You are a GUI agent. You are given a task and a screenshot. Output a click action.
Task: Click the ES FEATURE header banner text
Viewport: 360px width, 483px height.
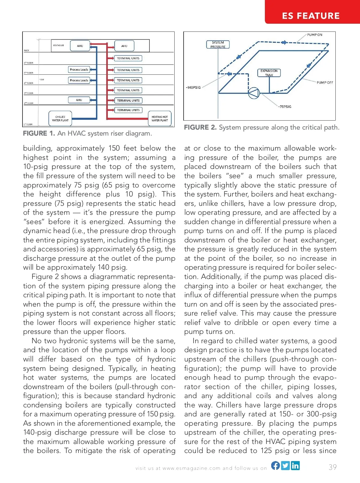310,16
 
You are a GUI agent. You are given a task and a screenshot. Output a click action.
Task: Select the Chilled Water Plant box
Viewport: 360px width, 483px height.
60,118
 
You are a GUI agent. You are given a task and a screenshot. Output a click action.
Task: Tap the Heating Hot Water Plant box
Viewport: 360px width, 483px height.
160,118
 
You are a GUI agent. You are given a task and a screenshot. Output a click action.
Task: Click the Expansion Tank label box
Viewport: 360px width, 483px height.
269,73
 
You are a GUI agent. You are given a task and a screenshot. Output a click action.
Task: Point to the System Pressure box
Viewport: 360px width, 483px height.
218,45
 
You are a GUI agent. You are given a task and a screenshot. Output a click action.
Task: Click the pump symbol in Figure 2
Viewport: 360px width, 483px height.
254,93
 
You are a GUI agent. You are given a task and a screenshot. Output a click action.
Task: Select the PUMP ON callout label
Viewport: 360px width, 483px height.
314,35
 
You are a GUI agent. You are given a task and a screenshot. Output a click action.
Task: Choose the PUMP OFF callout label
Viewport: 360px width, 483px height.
325,82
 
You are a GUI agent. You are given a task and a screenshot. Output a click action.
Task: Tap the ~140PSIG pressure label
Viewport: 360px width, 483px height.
193,88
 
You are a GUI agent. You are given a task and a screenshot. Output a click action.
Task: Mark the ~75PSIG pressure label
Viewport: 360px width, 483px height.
284,106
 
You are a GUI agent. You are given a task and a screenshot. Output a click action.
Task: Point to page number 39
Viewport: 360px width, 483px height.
332,467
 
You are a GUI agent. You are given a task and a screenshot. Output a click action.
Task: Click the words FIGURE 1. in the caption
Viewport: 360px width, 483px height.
39,133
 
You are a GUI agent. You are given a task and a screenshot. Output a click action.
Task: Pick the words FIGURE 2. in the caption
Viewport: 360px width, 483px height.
200,127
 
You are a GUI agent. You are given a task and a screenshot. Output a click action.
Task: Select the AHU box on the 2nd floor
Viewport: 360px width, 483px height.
79,100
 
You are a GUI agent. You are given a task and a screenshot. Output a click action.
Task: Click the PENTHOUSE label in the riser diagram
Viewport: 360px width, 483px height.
58,45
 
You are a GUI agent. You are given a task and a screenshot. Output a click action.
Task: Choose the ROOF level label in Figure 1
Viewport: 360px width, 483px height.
27,51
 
